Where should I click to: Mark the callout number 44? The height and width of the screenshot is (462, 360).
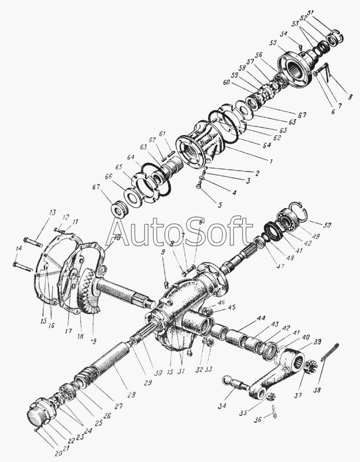(x=262, y=319)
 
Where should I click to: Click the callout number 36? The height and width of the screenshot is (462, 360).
(x=258, y=420)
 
